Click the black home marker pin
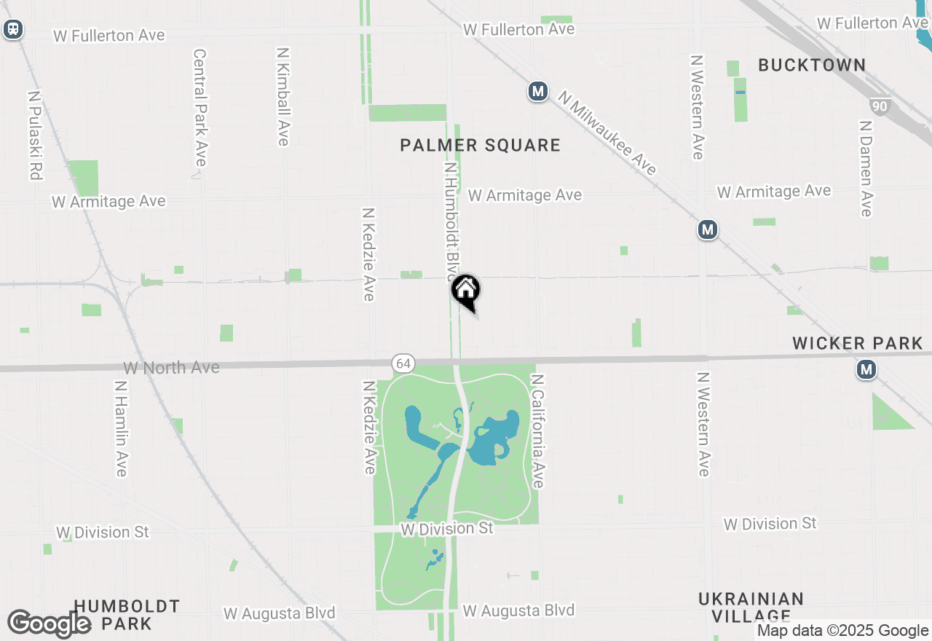(466, 291)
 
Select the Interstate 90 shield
(880, 106)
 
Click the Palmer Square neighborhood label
(481, 145)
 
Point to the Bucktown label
(812, 65)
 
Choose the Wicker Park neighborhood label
(858, 343)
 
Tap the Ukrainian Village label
(751, 607)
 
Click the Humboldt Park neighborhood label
(127, 614)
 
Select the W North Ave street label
(171, 368)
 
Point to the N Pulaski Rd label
(34, 135)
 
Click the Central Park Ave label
(200, 107)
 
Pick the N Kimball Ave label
(283, 96)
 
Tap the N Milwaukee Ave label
(608, 133)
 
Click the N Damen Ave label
(865, 168)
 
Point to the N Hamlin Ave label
(121, 428)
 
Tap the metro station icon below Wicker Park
(866, 370)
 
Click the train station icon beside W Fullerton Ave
(13, 29)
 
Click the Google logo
(49, 624)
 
